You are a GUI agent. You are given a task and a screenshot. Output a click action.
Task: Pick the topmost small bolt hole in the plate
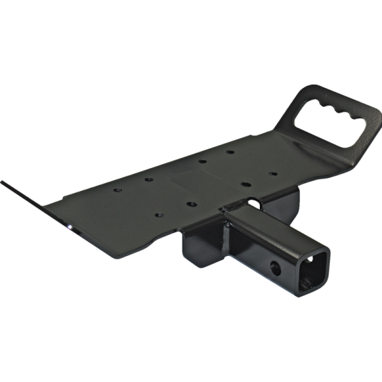(230, 152)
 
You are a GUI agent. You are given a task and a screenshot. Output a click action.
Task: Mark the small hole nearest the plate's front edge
(190, 204)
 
